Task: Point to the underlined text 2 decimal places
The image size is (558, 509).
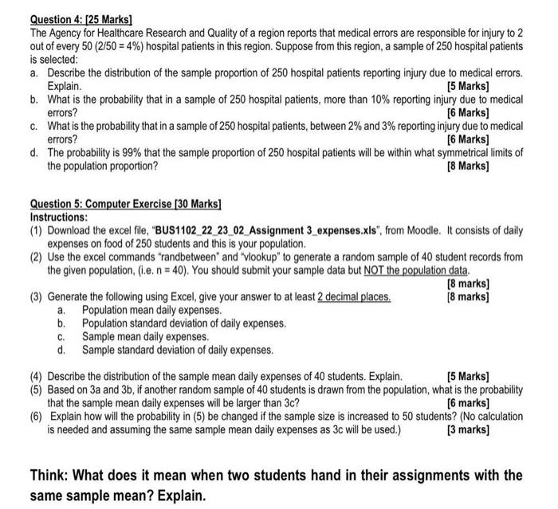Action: [354, 297]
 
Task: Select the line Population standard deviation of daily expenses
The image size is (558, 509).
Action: [184, 323]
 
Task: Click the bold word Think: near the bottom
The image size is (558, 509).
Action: [50, 476]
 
